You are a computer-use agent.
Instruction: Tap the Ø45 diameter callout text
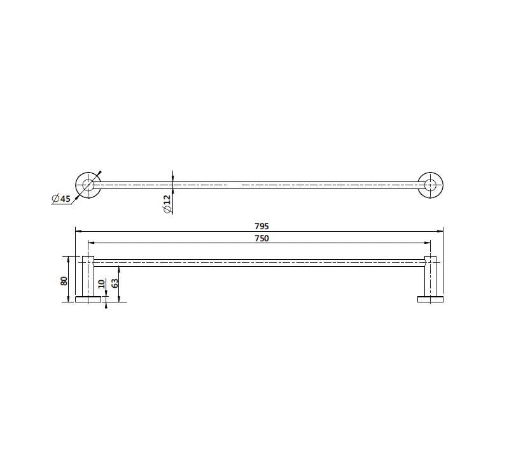point(61,199)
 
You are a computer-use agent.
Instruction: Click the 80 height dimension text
point(64,280)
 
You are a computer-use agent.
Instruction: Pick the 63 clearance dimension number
point(115,283)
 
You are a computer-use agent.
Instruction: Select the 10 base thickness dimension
point(101,284)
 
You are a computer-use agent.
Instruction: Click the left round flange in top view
point(88,185)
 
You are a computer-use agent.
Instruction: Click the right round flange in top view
point(431,185)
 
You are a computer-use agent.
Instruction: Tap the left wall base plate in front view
point(88,299)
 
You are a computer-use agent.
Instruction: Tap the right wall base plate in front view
point(431,299)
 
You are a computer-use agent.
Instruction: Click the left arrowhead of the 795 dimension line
point(78,231)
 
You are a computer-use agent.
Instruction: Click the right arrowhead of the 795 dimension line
point(441,231)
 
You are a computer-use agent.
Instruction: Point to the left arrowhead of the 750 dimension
point(90,243)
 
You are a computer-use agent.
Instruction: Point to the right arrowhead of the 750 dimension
point(428,243)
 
